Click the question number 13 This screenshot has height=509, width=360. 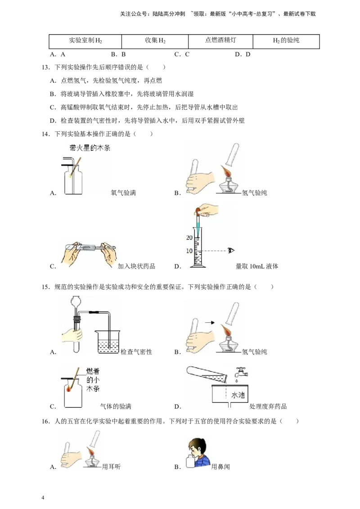tap(45, 67)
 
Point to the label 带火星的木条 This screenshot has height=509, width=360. tap(90, 148)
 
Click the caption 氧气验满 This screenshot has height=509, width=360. tap(123, 193)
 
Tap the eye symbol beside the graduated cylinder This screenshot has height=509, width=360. tap(231, 250)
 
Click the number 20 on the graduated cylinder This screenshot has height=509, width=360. tap(189, 237)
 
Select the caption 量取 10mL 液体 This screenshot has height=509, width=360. tap(256, 266)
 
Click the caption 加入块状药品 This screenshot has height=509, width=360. tap(136, 266)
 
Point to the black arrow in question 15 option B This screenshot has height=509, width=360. tap(210, 323)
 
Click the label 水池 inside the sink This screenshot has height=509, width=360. tap(238, 395)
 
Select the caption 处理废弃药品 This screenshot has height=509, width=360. tap(268, 406)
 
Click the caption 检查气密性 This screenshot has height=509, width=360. tap(136, 352)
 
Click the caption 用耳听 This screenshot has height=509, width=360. tap(111, 467)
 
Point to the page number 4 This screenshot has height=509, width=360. tap(43, 498)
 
